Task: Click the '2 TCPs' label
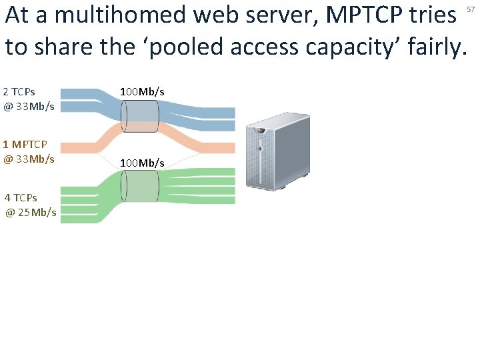[x=19, y=91]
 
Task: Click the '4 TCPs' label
[x=21, y=197]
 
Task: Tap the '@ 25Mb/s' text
[x=31, y=213]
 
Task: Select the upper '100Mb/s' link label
[x=142, y=91]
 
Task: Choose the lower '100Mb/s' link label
[x=142, y=163]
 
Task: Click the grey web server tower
[x=275, y=155]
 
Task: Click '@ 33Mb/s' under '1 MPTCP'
[x=29, y=159]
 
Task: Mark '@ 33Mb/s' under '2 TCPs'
[x=29, y=106]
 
